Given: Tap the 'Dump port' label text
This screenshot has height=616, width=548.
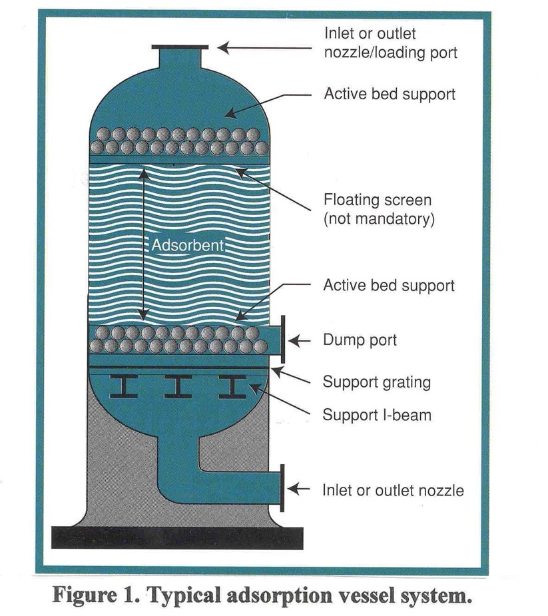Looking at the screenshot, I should click(360, 340).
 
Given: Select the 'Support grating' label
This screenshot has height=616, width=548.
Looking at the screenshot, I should click(376, 382).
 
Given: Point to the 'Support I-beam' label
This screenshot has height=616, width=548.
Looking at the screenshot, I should click(377, 415).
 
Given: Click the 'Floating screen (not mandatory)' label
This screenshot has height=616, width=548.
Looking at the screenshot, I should click(378, 209).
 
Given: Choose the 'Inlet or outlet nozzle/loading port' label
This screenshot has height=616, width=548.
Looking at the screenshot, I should click(390, 43).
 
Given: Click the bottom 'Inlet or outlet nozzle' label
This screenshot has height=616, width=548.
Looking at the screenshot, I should click(393, 491).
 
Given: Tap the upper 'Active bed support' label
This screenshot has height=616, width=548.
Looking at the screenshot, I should click(390, 94).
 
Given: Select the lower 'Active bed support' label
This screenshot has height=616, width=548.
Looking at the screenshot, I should click(389, 286).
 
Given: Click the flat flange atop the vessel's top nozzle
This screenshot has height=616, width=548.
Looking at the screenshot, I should click(180, 47).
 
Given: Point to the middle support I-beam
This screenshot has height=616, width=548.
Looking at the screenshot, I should click(178, 386).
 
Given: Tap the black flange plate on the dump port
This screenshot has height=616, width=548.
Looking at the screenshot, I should click(283, 340).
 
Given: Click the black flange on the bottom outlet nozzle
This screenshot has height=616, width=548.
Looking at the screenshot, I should click(283, 488).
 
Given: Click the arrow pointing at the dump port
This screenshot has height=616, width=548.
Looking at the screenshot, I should click(301, 340).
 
